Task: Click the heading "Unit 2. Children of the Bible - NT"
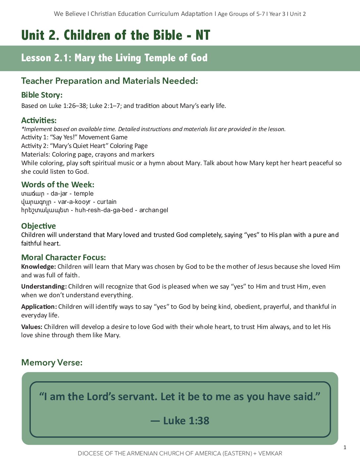pos(115,35)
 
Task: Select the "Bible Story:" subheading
pos(42,95)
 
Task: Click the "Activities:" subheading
pos(39,120)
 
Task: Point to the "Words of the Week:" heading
pos(58,185)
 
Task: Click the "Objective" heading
pos(38,226)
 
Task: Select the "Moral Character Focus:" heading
pos(63,257)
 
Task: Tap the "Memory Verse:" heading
pos(52,362)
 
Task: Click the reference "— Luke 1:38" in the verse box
pos(180,421)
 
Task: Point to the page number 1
pos(345,447)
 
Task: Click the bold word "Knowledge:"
pos(38,267)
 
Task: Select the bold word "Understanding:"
pos(44,287)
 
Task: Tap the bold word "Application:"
pos(39,307)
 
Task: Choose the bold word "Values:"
pos(31,327)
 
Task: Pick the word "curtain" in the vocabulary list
pos(107,202)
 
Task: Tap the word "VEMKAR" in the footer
pos(270,453)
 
